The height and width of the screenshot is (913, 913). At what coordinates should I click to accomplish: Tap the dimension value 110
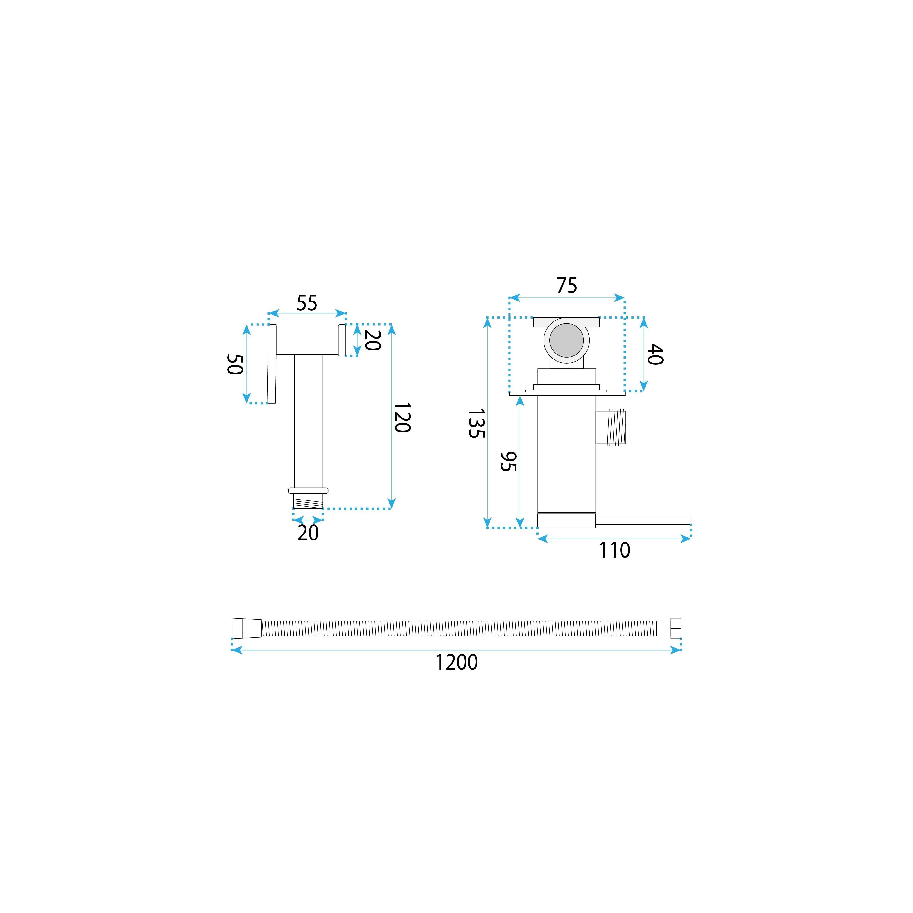(614, 551)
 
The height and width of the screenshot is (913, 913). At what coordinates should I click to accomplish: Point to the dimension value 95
(509, 462)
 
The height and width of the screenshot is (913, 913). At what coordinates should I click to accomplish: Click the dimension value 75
(567, 285)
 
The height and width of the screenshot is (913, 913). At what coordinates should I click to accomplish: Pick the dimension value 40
(655, 355)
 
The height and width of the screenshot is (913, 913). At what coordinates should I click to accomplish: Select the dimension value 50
(235, 364)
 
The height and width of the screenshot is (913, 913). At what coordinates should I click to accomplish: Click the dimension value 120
(402, 418)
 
